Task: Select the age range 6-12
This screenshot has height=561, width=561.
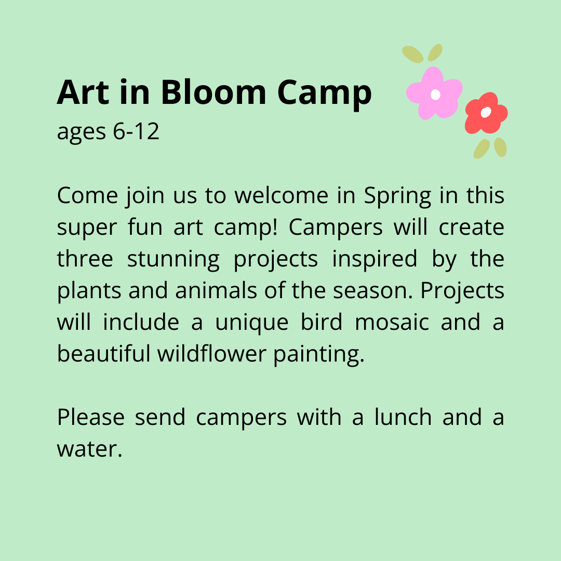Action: [136, 132]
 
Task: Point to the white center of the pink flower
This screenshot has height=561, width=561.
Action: [436, 95]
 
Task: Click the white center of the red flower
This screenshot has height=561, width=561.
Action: [486, 112]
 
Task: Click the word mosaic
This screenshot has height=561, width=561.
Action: [392, 322]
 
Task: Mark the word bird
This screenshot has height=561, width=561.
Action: [322, 322]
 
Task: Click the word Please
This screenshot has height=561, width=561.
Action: [90, 417]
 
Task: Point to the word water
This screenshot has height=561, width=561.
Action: [89, 449]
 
